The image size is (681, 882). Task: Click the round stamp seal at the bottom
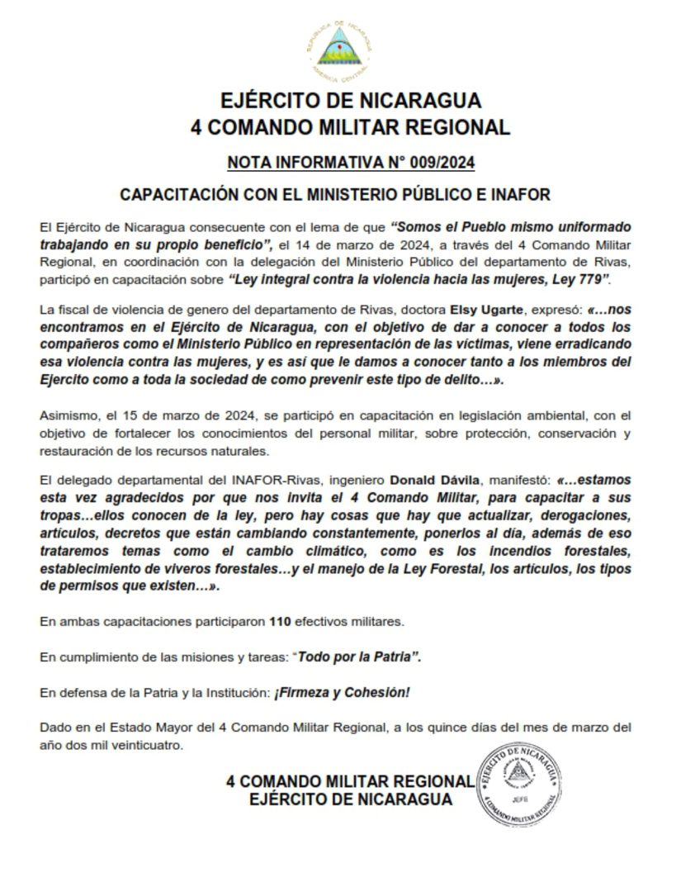click(519, 782)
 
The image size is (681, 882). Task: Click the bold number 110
click(281, 620)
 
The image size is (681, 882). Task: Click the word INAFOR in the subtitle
click(518, 195)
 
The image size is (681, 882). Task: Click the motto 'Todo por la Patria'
click(359, 657)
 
